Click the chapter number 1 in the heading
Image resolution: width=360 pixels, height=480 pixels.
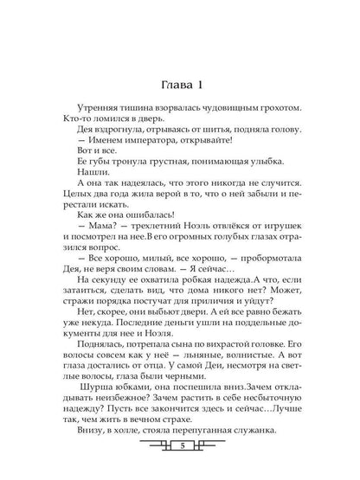pyautogui.click(x=199, y=61)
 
